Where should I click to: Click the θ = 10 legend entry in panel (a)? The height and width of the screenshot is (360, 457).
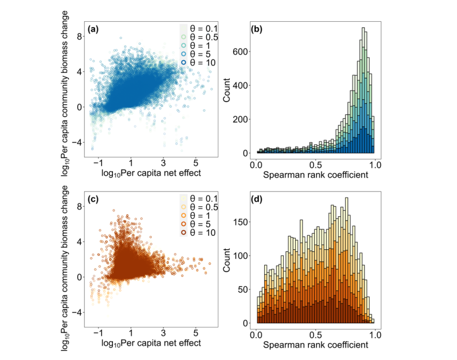[x=199, y=63]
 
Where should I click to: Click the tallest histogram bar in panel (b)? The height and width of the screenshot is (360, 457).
[x=363, y=91]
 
